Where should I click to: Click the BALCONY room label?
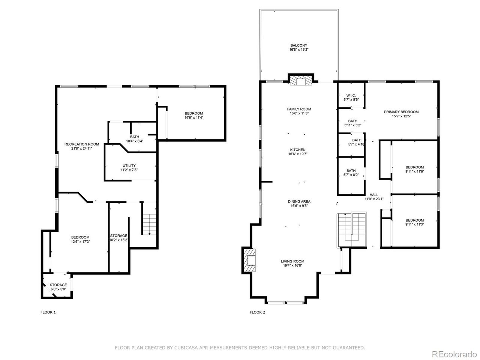point(299,45)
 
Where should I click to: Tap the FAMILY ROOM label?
point(299,109)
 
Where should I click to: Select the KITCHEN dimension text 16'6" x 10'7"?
point(298,154)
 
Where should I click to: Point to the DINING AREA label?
point(299,201)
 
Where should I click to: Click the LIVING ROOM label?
point(292,261)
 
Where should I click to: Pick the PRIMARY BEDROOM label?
point(401,112)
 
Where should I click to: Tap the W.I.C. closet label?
point(351,96)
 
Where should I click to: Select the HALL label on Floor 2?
point(374,195)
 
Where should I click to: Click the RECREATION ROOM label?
point(82,144)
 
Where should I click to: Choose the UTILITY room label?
point(129,166)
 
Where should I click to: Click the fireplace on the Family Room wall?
point(301,80)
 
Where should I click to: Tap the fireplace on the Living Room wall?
point(249,260)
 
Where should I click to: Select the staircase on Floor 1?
point(149,224)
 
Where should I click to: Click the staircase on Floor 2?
point(352,230)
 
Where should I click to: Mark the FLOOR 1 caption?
point(48,312)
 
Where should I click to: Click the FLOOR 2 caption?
point(257,312)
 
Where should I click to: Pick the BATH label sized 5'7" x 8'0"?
point(351,172)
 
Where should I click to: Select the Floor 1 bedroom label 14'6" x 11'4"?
point(194,115)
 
